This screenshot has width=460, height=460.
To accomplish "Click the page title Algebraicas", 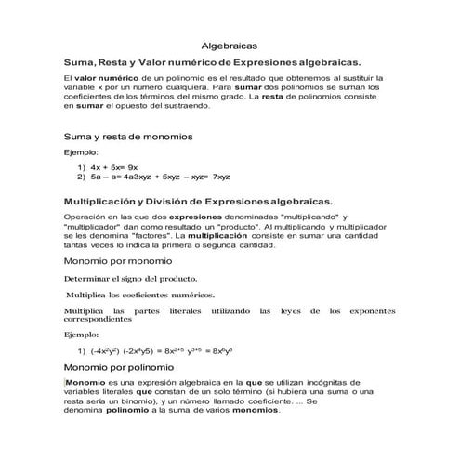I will click(x=230, y=45).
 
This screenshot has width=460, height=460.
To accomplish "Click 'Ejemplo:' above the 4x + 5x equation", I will click(x=80, y=151).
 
